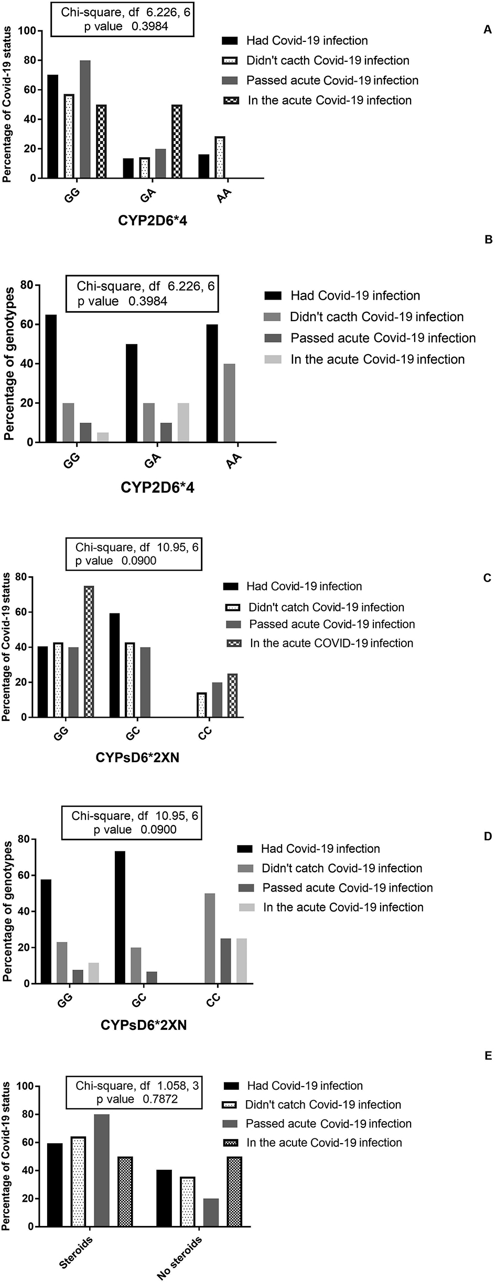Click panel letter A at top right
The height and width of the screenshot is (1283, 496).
(488, 30)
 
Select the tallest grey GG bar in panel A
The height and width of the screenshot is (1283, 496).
(85, 119)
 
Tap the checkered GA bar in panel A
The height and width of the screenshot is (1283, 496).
(177, 141)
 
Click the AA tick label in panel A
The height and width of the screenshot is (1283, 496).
(224, 197)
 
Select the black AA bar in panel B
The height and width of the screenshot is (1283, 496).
(212, 383)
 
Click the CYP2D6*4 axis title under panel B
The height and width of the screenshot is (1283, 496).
(158, 487)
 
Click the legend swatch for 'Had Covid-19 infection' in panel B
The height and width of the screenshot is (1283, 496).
(273, 295)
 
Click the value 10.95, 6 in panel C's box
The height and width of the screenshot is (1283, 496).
(178, 547)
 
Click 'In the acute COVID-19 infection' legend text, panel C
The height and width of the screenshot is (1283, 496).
(331, 643)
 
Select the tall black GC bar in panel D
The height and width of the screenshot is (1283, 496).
(120, 917)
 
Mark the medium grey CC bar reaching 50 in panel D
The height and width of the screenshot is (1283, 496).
(210, 938)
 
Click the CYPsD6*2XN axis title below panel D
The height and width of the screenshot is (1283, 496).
(144, 1025)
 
